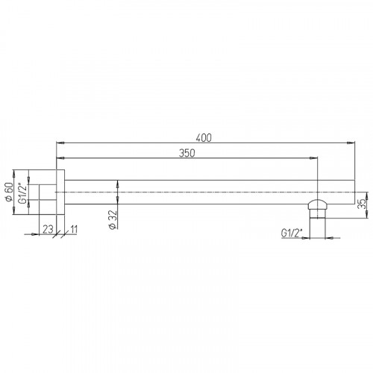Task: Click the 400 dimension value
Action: click(x=204, y=138)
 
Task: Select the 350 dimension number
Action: click(x=187, y=153)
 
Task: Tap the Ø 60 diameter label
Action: click(x=9, y=192)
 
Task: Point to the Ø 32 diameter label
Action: click(x=113, y=219)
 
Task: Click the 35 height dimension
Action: click(x=363, y=204)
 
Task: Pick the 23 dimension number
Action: click(x=48, y=229)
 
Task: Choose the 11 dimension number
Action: click(x=74, y=229)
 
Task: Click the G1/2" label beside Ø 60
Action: click(x=22, y=192)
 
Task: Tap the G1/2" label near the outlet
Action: click(x=292, y=233)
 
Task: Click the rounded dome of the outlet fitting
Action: click(x=318, y=204)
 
